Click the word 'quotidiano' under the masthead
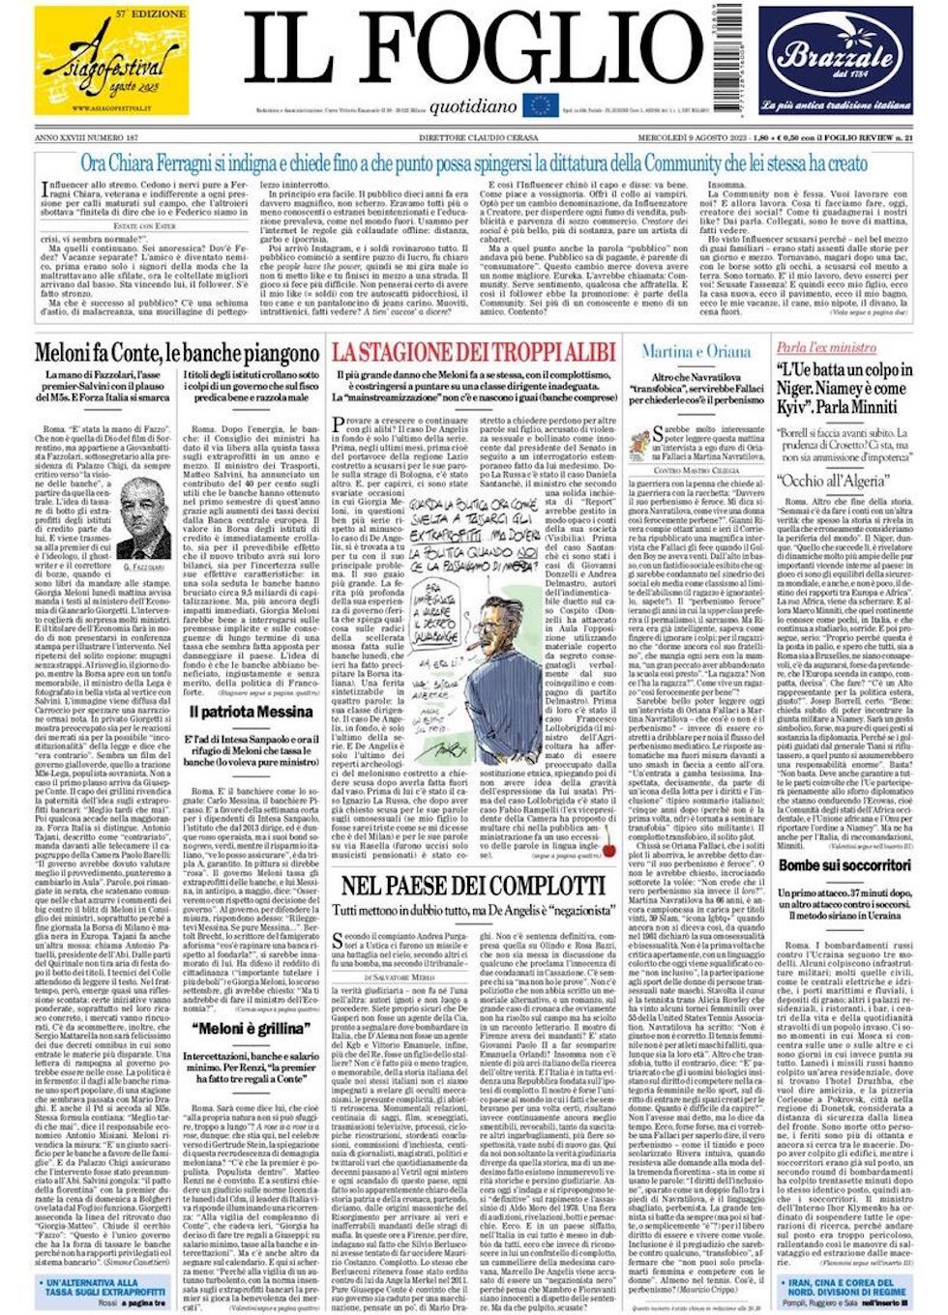473,108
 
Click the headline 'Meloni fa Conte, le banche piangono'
177,353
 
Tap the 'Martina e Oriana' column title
696,351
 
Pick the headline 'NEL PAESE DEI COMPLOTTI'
471,887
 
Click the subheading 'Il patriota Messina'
251,712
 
